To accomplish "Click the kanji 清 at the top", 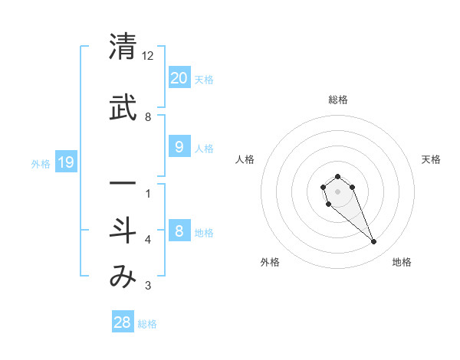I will (x=122, y=47).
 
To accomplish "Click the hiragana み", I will (x=122, y=277).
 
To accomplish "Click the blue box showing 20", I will (x=179, y=78).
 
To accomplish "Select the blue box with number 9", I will (x=179, y=147).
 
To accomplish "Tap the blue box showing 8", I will (x=179, y=231).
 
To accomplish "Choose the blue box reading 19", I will (x=66, y=162).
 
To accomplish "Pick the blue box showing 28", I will (x=123, y=322).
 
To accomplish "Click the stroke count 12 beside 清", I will (x=148, y=56).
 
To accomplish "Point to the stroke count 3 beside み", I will (x=148, y=286).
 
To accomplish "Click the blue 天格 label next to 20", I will (x=204, y=80).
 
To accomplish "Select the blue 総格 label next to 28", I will (x=147, y=324).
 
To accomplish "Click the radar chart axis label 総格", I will (x=338, y=100).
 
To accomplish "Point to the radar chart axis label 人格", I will (x=245, y=159).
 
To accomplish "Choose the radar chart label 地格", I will (x=402, y=262).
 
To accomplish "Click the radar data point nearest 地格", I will (x=373, y=242).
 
